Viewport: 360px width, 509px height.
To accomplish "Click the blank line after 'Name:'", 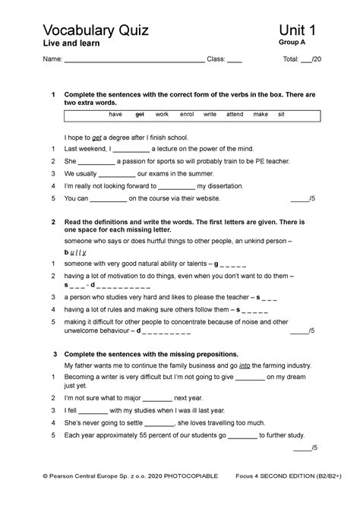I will [134, 60].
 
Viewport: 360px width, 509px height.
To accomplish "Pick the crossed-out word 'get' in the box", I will [139, 114].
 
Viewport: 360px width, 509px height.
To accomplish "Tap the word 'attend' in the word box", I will [235, 114].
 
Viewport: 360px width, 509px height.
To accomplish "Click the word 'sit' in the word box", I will [281, 114].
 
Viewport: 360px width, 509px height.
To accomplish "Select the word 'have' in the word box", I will [115, 114].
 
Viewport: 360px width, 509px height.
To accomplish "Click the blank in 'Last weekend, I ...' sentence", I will [130, 150].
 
